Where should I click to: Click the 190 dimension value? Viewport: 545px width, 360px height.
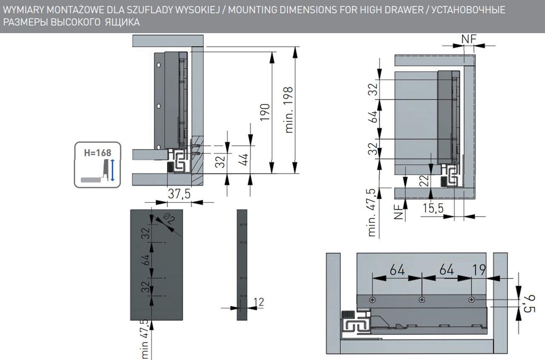[x=265, y=112]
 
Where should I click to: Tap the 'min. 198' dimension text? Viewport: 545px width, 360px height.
[x=289, y=110]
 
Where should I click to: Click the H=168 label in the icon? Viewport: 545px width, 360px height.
[x=97, y=153]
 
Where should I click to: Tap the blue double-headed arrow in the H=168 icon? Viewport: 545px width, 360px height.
[x=112, y=170]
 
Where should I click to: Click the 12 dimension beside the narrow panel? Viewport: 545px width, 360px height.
[x=258, y=302]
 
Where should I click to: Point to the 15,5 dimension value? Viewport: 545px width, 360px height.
[x=433, y=208]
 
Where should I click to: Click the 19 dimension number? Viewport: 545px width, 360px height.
[x=479, y=270]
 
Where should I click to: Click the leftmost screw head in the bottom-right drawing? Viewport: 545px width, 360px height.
[x=373, y=300]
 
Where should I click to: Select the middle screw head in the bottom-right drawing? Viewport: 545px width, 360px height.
[x=422, y=300]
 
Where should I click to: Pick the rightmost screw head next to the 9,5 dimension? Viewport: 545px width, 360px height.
[x=471, y=300]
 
